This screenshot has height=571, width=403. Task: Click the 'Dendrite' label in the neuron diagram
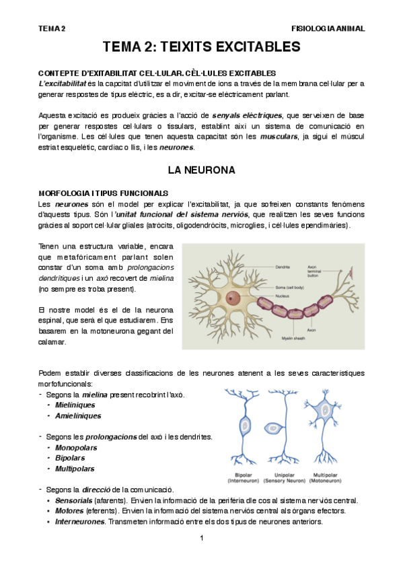(x=283, y=267)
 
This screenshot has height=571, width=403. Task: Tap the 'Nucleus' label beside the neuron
(x=283, y=295)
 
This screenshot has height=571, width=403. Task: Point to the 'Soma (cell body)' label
(x=291, y=288)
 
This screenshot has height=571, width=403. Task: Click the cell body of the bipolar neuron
(x=244, y=426)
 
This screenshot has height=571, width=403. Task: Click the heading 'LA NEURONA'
(x=201, y=170)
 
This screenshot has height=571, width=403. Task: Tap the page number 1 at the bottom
(x=201, y=538)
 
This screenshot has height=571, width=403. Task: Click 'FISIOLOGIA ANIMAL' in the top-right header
(x=328, y=29)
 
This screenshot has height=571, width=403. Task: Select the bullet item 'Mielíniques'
(x=75, y=405)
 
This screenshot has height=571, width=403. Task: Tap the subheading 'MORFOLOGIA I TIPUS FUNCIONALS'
(x=104, y=193)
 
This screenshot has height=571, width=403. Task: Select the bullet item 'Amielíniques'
(x=77, y=416)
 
